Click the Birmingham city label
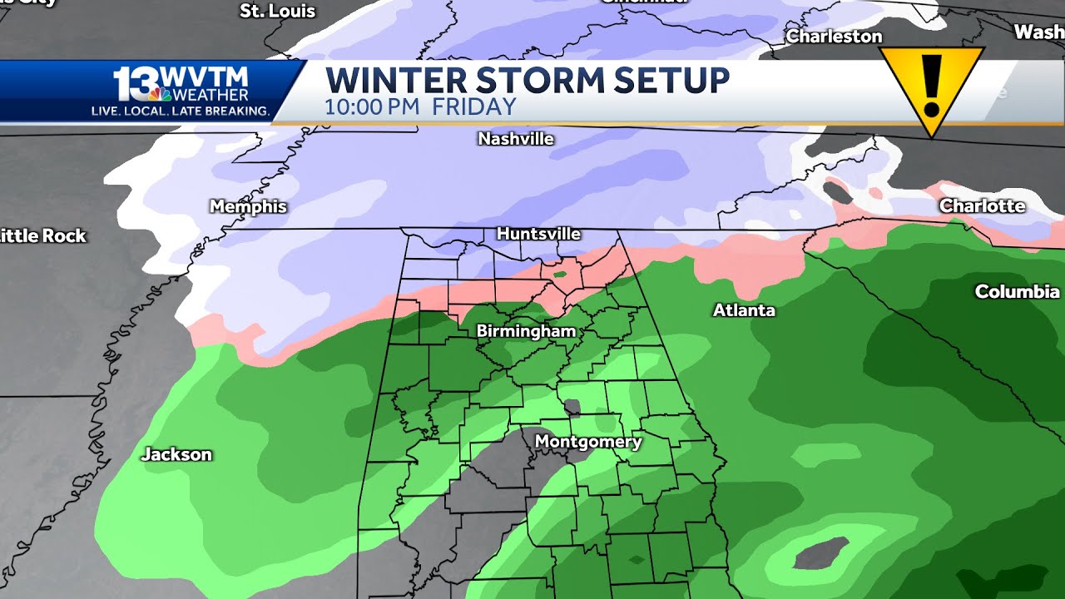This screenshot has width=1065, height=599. click(526, 331)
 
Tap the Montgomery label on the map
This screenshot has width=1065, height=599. click(587, 442)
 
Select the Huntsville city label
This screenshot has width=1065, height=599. click(538, 234)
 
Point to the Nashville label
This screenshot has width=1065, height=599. click(516, 139)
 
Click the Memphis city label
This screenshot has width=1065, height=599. click(248, 206)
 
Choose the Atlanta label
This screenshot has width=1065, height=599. click(744, 310)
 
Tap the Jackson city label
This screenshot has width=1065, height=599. click(176, 454)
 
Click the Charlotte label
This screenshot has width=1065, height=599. click(982, 205)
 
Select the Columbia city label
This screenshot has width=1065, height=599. click(1017, 291)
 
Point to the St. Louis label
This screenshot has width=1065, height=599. click(277, 12)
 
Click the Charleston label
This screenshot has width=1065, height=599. click(834, 37)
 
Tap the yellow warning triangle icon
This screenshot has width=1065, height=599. click(932, 86)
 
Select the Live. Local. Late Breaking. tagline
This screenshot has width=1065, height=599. click(181, 111)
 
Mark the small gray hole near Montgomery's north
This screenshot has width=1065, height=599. click(572, 408)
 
